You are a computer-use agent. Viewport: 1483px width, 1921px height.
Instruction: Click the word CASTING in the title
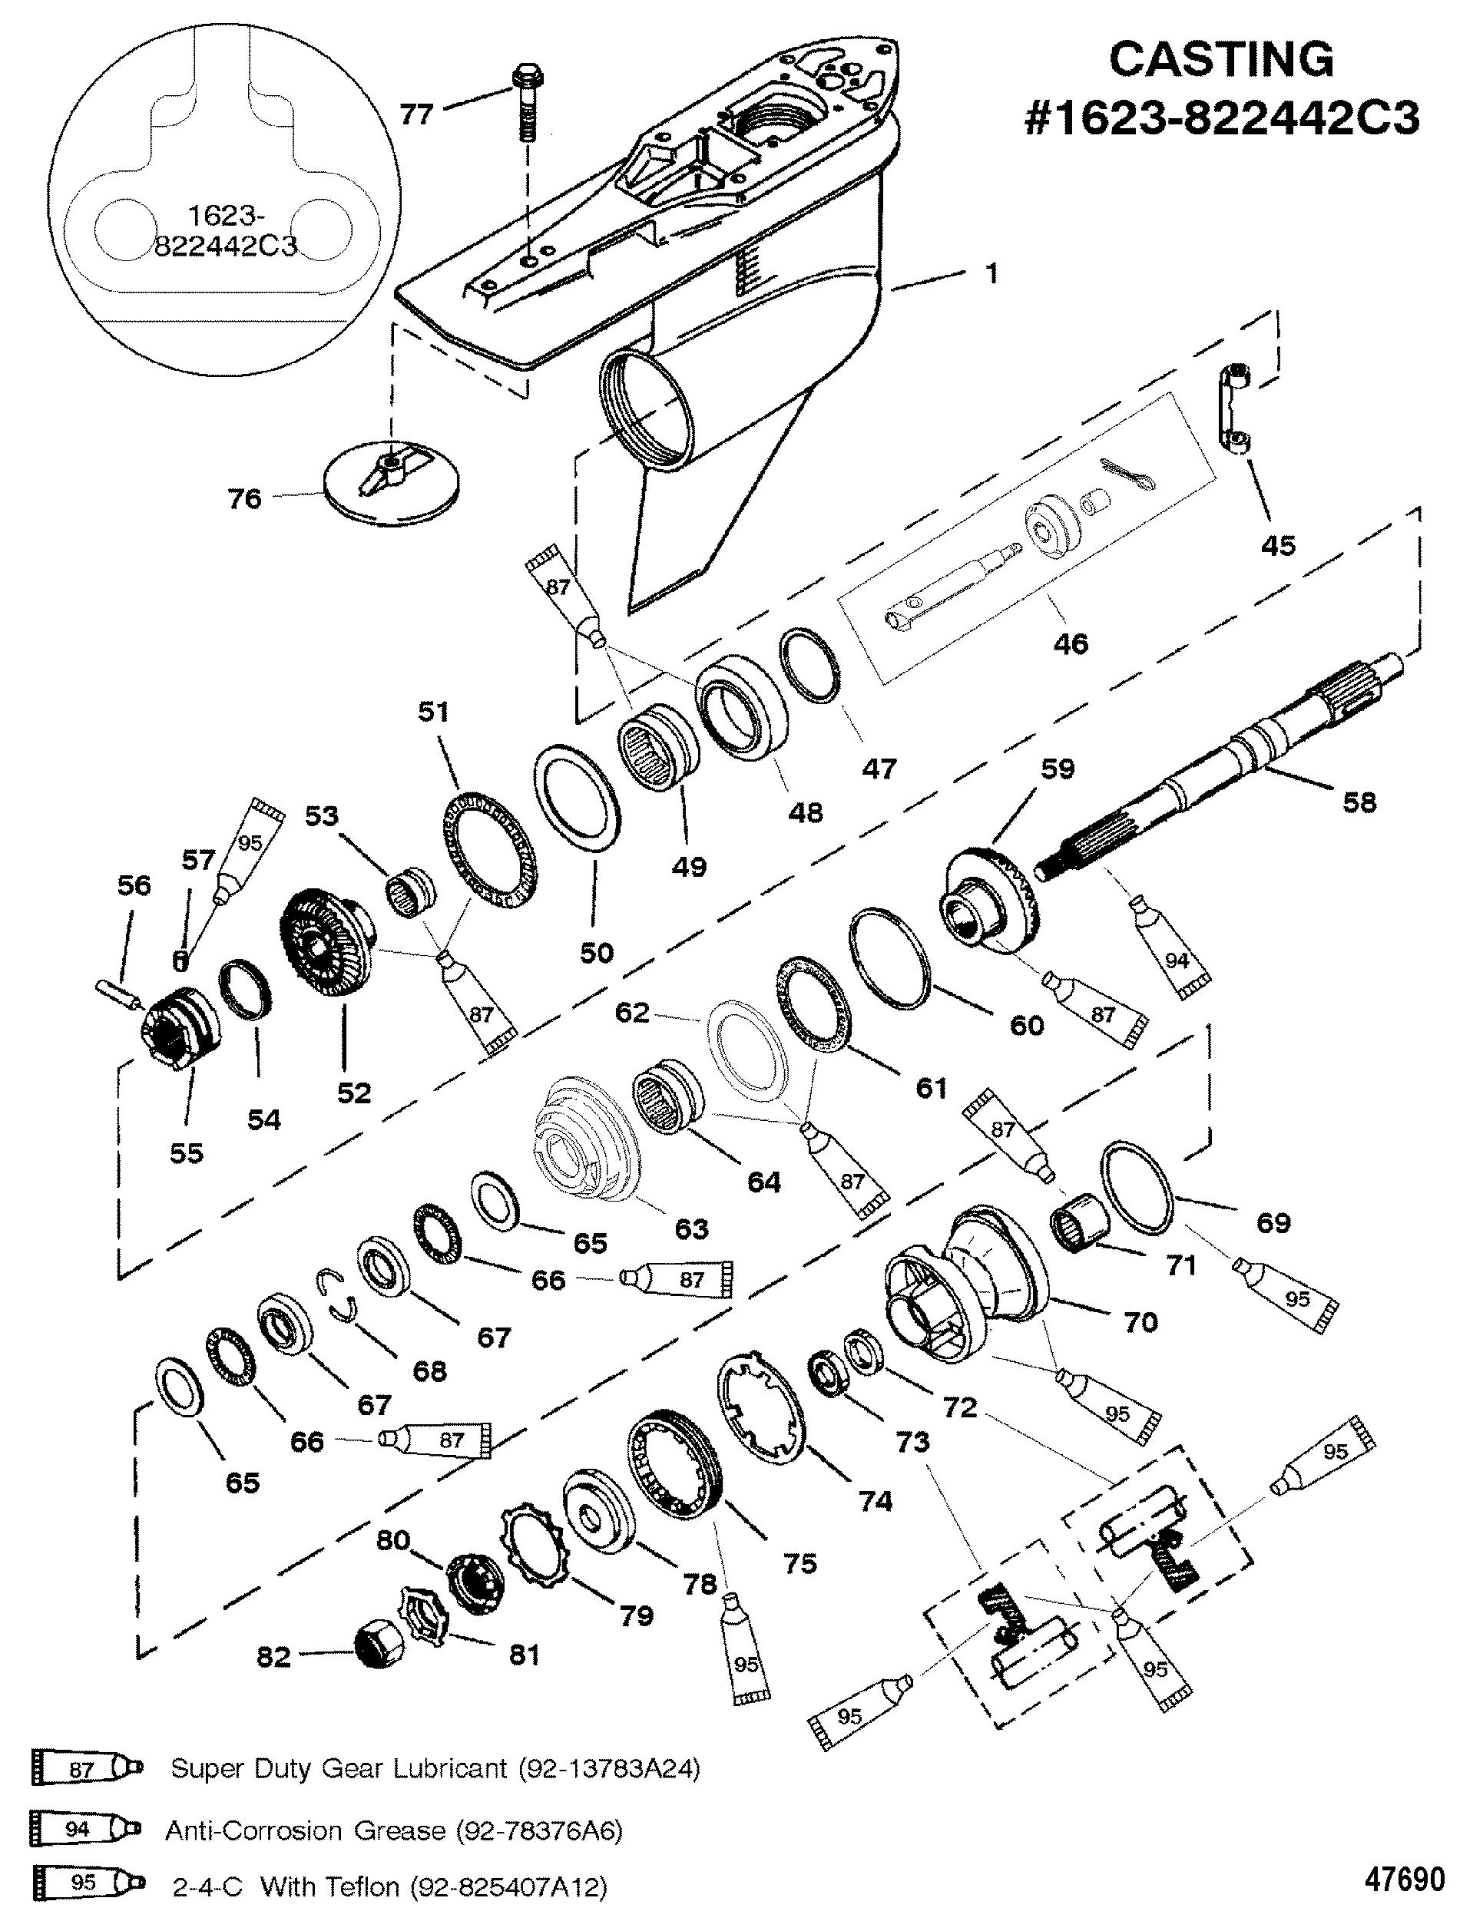1221,60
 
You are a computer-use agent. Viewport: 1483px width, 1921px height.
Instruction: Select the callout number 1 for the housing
991,273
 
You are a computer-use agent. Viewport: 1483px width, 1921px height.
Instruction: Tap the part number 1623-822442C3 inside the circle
225,230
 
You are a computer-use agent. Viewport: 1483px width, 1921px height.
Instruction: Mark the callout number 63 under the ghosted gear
690,1227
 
